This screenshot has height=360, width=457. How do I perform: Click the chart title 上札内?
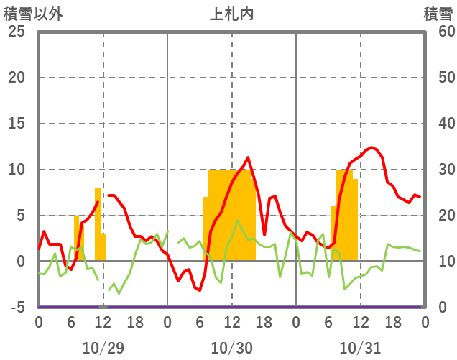pyautogui.click(x=231, y=14)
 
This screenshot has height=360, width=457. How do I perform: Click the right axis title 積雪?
pyautogui.click(x=437, y=14)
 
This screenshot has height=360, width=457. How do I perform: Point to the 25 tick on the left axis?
pyautogui.click(x=15, y=32)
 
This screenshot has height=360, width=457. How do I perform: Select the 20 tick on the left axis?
pyautogui.click(x=15, y=78)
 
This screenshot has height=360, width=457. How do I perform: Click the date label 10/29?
pyautogui.click(x=103, y=348)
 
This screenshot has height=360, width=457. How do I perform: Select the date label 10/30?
pyautogui.click(x=231, y=348)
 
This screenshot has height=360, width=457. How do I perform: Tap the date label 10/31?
pyautogui.click(x=360, y=348)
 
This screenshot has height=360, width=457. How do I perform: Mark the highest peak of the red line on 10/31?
pyautogui.click(x=371, y=147)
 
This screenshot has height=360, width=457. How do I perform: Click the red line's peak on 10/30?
pyautogui.click(x=248, y=157)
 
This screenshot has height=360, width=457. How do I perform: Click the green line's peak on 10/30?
pyautogui.click(x=237, y=221)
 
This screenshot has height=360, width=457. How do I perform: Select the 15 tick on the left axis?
pyautogui.click(x=15, y=124)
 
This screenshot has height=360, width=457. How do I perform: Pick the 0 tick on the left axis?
pyautogui.click(x=19, y=262)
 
